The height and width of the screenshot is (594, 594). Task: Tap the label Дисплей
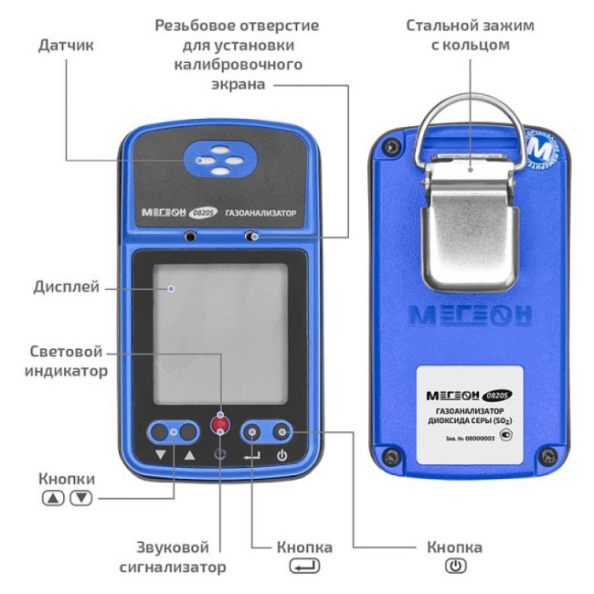(x=66, y=288)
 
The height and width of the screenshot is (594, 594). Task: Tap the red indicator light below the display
(x=218, y=424)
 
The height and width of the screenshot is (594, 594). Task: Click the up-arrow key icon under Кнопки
(x=53, y=498)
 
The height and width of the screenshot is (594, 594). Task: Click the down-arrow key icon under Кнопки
(x=82, y=498)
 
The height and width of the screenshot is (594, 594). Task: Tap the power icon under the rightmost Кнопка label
(x=455, y=567)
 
